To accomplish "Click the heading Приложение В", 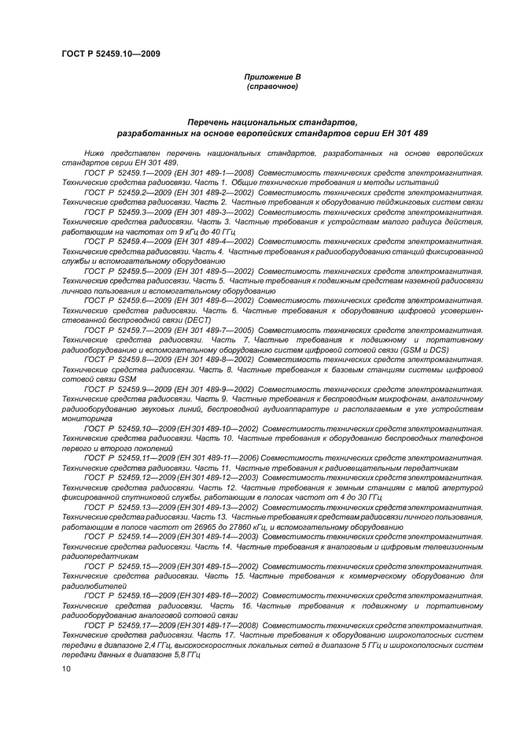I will [x=272, y=76].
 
